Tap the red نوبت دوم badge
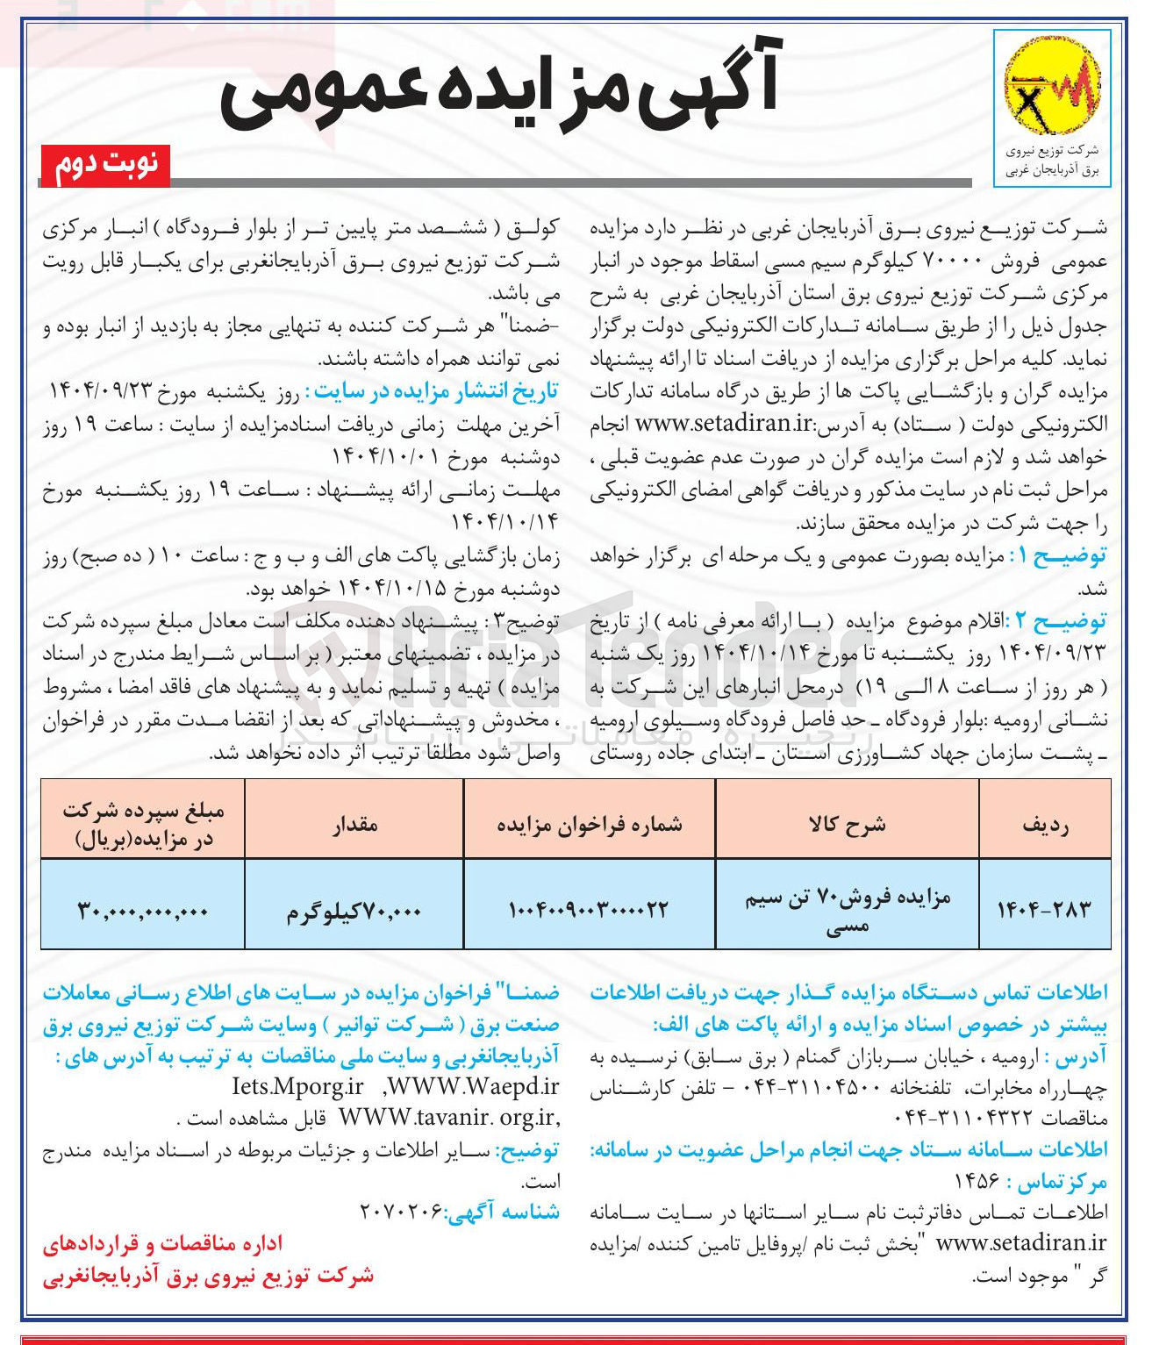click(x=105, y=166)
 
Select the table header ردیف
click(x=1045, y=824)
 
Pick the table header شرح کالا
click(x=847, y=824)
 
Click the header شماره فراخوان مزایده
click(x=589, y=824)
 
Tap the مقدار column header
click(x=354, y=824)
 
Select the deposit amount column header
click(x=142, y=825)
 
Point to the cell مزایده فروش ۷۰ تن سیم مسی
click(x=847, y=910)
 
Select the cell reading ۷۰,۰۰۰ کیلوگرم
click(x=354, y=912)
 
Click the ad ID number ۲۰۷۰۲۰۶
click(x=400, y=1212)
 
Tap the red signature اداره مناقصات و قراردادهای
click(x=163, y=1243)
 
